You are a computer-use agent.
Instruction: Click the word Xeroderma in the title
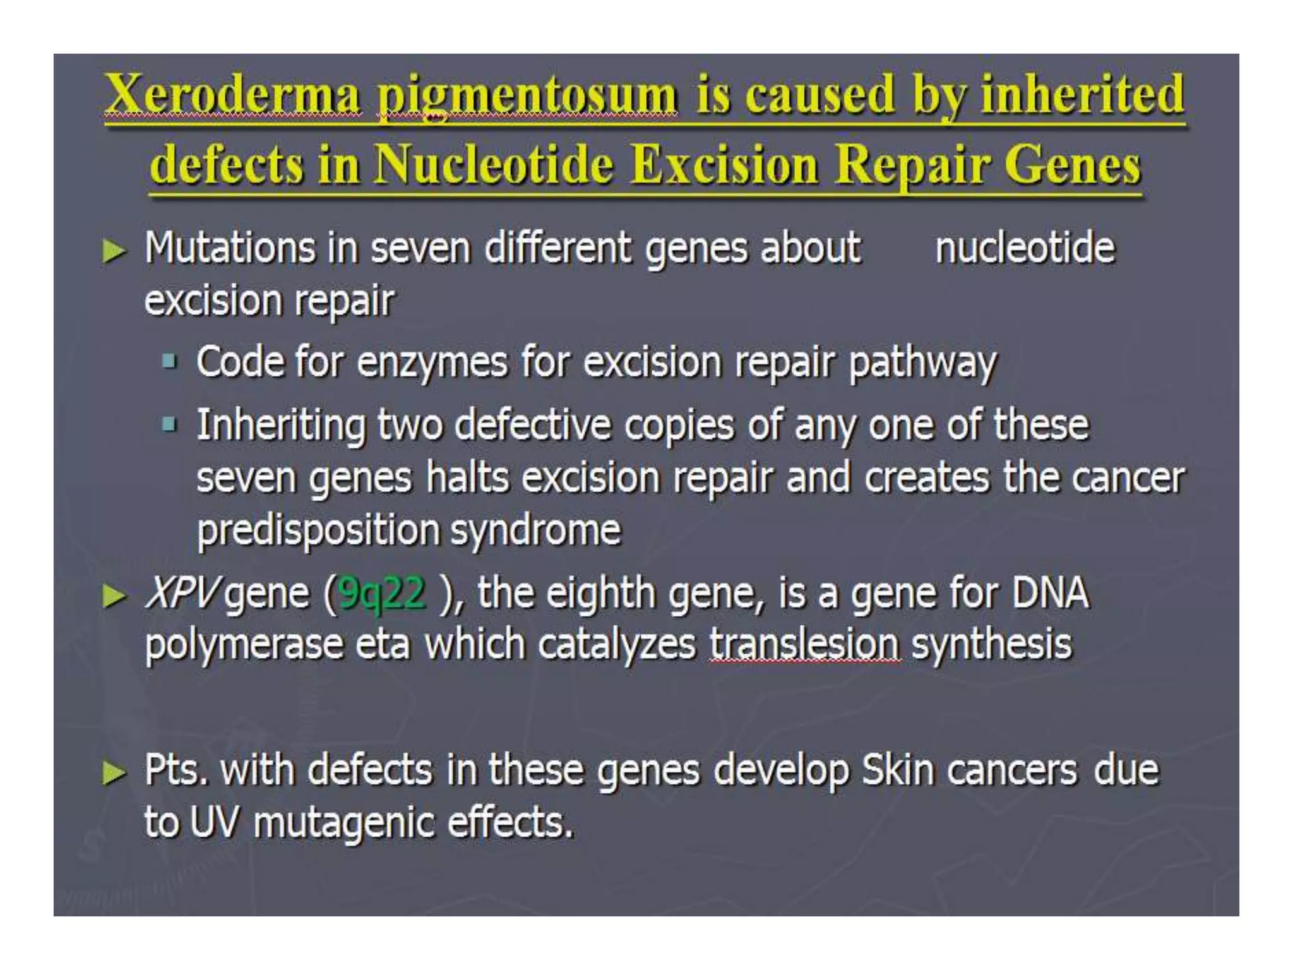tap(234, 95)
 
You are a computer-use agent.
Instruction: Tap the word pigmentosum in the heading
tap(527, 96)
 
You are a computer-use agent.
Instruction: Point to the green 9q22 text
tap(382, 594)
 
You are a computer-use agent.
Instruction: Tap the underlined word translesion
tap(805, 644)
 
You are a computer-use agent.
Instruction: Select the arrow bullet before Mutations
tap(114, 251)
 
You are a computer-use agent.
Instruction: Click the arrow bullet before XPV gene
tap(114, 596)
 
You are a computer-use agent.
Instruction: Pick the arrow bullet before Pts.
tap(114, 772)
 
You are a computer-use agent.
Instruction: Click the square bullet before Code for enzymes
tap(169, 362)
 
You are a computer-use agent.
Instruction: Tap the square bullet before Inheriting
tap(169, 424)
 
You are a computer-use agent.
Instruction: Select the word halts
tap(467, 477)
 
